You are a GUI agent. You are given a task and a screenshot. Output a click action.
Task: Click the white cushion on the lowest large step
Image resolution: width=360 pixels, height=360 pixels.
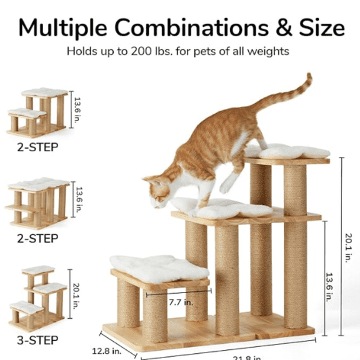pos(159,267)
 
